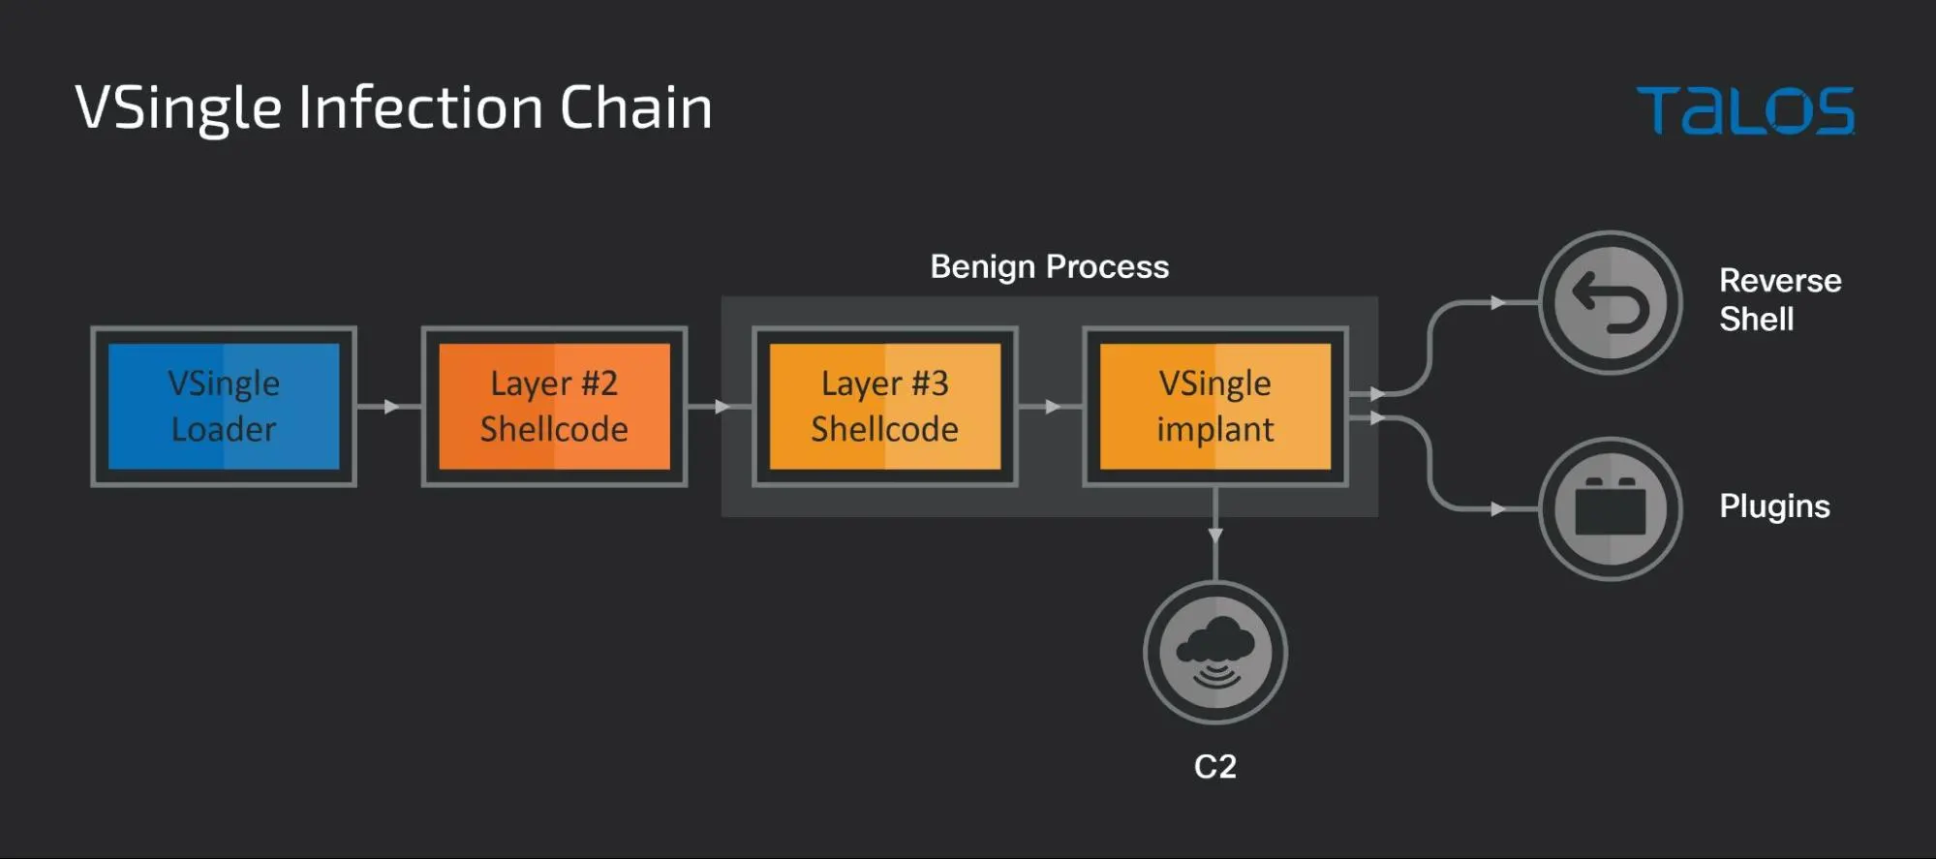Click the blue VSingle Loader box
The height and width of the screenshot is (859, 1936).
(x=224, y=407)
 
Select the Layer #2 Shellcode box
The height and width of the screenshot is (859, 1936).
(x=554, y=407)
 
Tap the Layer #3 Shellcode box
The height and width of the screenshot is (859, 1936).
(x=884, y=407)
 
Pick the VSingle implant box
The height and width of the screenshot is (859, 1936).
(x=1214, y=407)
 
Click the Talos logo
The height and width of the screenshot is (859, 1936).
(x=1745, y=110)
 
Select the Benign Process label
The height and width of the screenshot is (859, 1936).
(x=1049, y=266)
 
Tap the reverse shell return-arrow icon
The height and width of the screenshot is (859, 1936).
(x=1610, y=302)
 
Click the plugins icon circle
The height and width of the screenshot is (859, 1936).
(x=1610, y=508)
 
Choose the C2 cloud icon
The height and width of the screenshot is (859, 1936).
(x=1215, y=652)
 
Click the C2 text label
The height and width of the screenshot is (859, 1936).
(x=1214, y=766)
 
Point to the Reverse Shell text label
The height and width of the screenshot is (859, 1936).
(x=1779, y=299)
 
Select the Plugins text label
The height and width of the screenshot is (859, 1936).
(x=1774, y=506)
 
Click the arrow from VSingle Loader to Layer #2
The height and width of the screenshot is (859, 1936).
(x=390, y=407)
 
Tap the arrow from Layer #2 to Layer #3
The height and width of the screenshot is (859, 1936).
(x=721, y=407)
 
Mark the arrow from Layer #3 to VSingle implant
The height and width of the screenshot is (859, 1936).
(x=1052, y=407)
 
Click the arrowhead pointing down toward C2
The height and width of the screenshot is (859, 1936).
(x=1215, y=536)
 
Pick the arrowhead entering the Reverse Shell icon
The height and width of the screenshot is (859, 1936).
(x=1497, y=303)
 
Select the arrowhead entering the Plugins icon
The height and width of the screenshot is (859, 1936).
(x=1497, y=508)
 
